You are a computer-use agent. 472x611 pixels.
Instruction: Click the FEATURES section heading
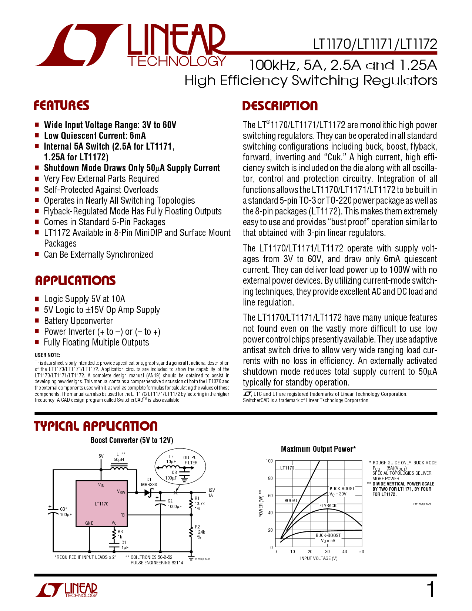[61, 106]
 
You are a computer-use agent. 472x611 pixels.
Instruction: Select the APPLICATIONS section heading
[75, 280]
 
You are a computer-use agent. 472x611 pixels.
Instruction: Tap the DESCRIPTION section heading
[280, 106]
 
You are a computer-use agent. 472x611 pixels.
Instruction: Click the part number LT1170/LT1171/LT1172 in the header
[375, 44]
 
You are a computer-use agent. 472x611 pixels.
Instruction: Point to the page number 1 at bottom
[431, 590]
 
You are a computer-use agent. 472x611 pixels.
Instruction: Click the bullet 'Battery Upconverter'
[78, 321]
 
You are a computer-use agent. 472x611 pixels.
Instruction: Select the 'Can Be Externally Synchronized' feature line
[98, 255]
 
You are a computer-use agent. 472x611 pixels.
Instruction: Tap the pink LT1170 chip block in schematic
[101, 504]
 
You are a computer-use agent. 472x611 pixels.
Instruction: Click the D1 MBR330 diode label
[149, 482]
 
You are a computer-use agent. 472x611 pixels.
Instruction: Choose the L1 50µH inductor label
[119, 457]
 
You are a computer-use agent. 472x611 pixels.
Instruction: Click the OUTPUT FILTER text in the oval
[191, 460]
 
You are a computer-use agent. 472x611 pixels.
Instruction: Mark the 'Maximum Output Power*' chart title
[318, 449]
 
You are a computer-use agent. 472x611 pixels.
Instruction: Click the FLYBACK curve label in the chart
[328, 506]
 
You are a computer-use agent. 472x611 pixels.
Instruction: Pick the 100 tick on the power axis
[269, 461]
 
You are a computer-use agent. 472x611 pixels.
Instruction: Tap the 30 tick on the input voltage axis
[327, 552]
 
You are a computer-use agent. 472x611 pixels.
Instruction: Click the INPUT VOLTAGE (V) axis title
[319, 558]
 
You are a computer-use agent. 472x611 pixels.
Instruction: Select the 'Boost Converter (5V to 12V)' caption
[132, 440]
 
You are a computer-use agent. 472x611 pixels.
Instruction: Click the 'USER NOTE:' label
[47, 355]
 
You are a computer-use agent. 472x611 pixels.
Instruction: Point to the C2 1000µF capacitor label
[174, 504]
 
